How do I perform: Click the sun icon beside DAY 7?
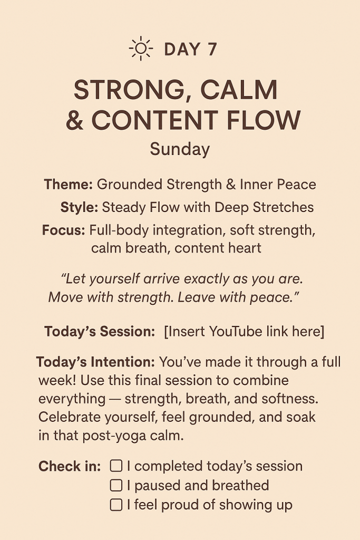(141, 49)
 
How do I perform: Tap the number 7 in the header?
(212, 49)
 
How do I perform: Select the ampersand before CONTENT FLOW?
(75, 120)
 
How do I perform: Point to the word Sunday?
(180, 150)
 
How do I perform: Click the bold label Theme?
(68, 184)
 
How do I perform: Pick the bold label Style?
(80, 207)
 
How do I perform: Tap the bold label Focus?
(63, 230)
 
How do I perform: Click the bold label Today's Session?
(100, 332)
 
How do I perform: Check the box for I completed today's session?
(116, 466)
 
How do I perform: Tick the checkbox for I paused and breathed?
(116, 485)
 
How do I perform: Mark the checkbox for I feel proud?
(116, 505)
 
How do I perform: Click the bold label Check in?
(70, 466)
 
